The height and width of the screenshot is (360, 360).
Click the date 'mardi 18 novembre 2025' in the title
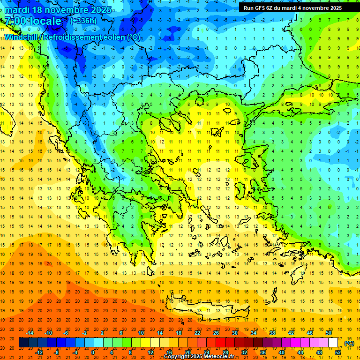[x=59, y=10]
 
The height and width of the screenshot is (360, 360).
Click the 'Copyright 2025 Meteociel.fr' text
[x=199, y=357]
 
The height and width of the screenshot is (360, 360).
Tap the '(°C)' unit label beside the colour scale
[x=349, y=343]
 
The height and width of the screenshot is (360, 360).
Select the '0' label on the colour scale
[x=93, y=352]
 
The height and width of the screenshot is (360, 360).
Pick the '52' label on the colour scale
[x=338, y=352]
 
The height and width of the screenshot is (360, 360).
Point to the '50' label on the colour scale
[x=329, y=333]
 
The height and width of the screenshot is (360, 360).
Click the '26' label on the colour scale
[x=216, y=333]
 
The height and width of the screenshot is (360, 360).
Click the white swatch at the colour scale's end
[x=333, y=343]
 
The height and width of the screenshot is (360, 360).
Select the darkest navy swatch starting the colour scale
[x=24, y=343]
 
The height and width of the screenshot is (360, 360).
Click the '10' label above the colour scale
[x=141, y=333]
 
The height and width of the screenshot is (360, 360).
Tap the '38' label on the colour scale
[x=272, y=333]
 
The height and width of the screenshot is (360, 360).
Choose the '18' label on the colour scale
[x=179, y=333]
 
